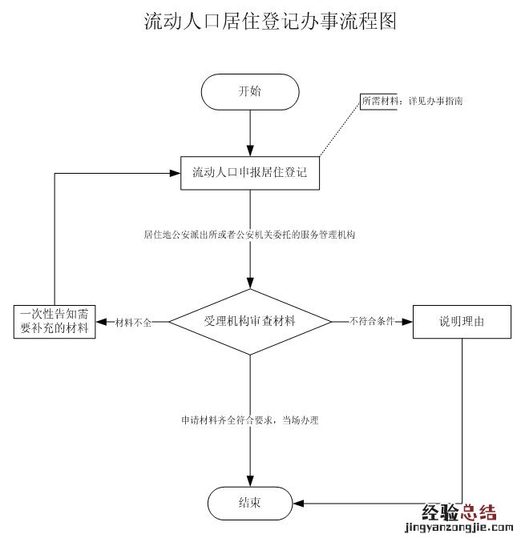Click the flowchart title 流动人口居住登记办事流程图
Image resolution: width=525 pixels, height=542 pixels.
[270, 22]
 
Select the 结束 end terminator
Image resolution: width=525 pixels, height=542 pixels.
[249, 504]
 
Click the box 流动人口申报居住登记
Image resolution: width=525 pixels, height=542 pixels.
[250, 172]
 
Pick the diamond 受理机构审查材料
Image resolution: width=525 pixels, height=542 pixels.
[250, 321]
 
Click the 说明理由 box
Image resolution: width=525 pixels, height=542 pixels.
[462, 322]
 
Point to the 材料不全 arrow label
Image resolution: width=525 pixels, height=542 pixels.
[134, 322]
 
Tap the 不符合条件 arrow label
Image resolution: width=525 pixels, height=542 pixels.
[371, 322]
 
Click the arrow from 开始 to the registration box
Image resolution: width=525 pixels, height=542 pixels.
[250, 128]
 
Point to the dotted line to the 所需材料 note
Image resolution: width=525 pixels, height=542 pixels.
[341, 129]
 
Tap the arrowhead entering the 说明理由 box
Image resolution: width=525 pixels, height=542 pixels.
[408, 322]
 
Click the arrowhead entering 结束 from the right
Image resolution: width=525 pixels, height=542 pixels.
[295, 504]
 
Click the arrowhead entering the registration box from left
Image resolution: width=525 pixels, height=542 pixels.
[176, 172]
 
